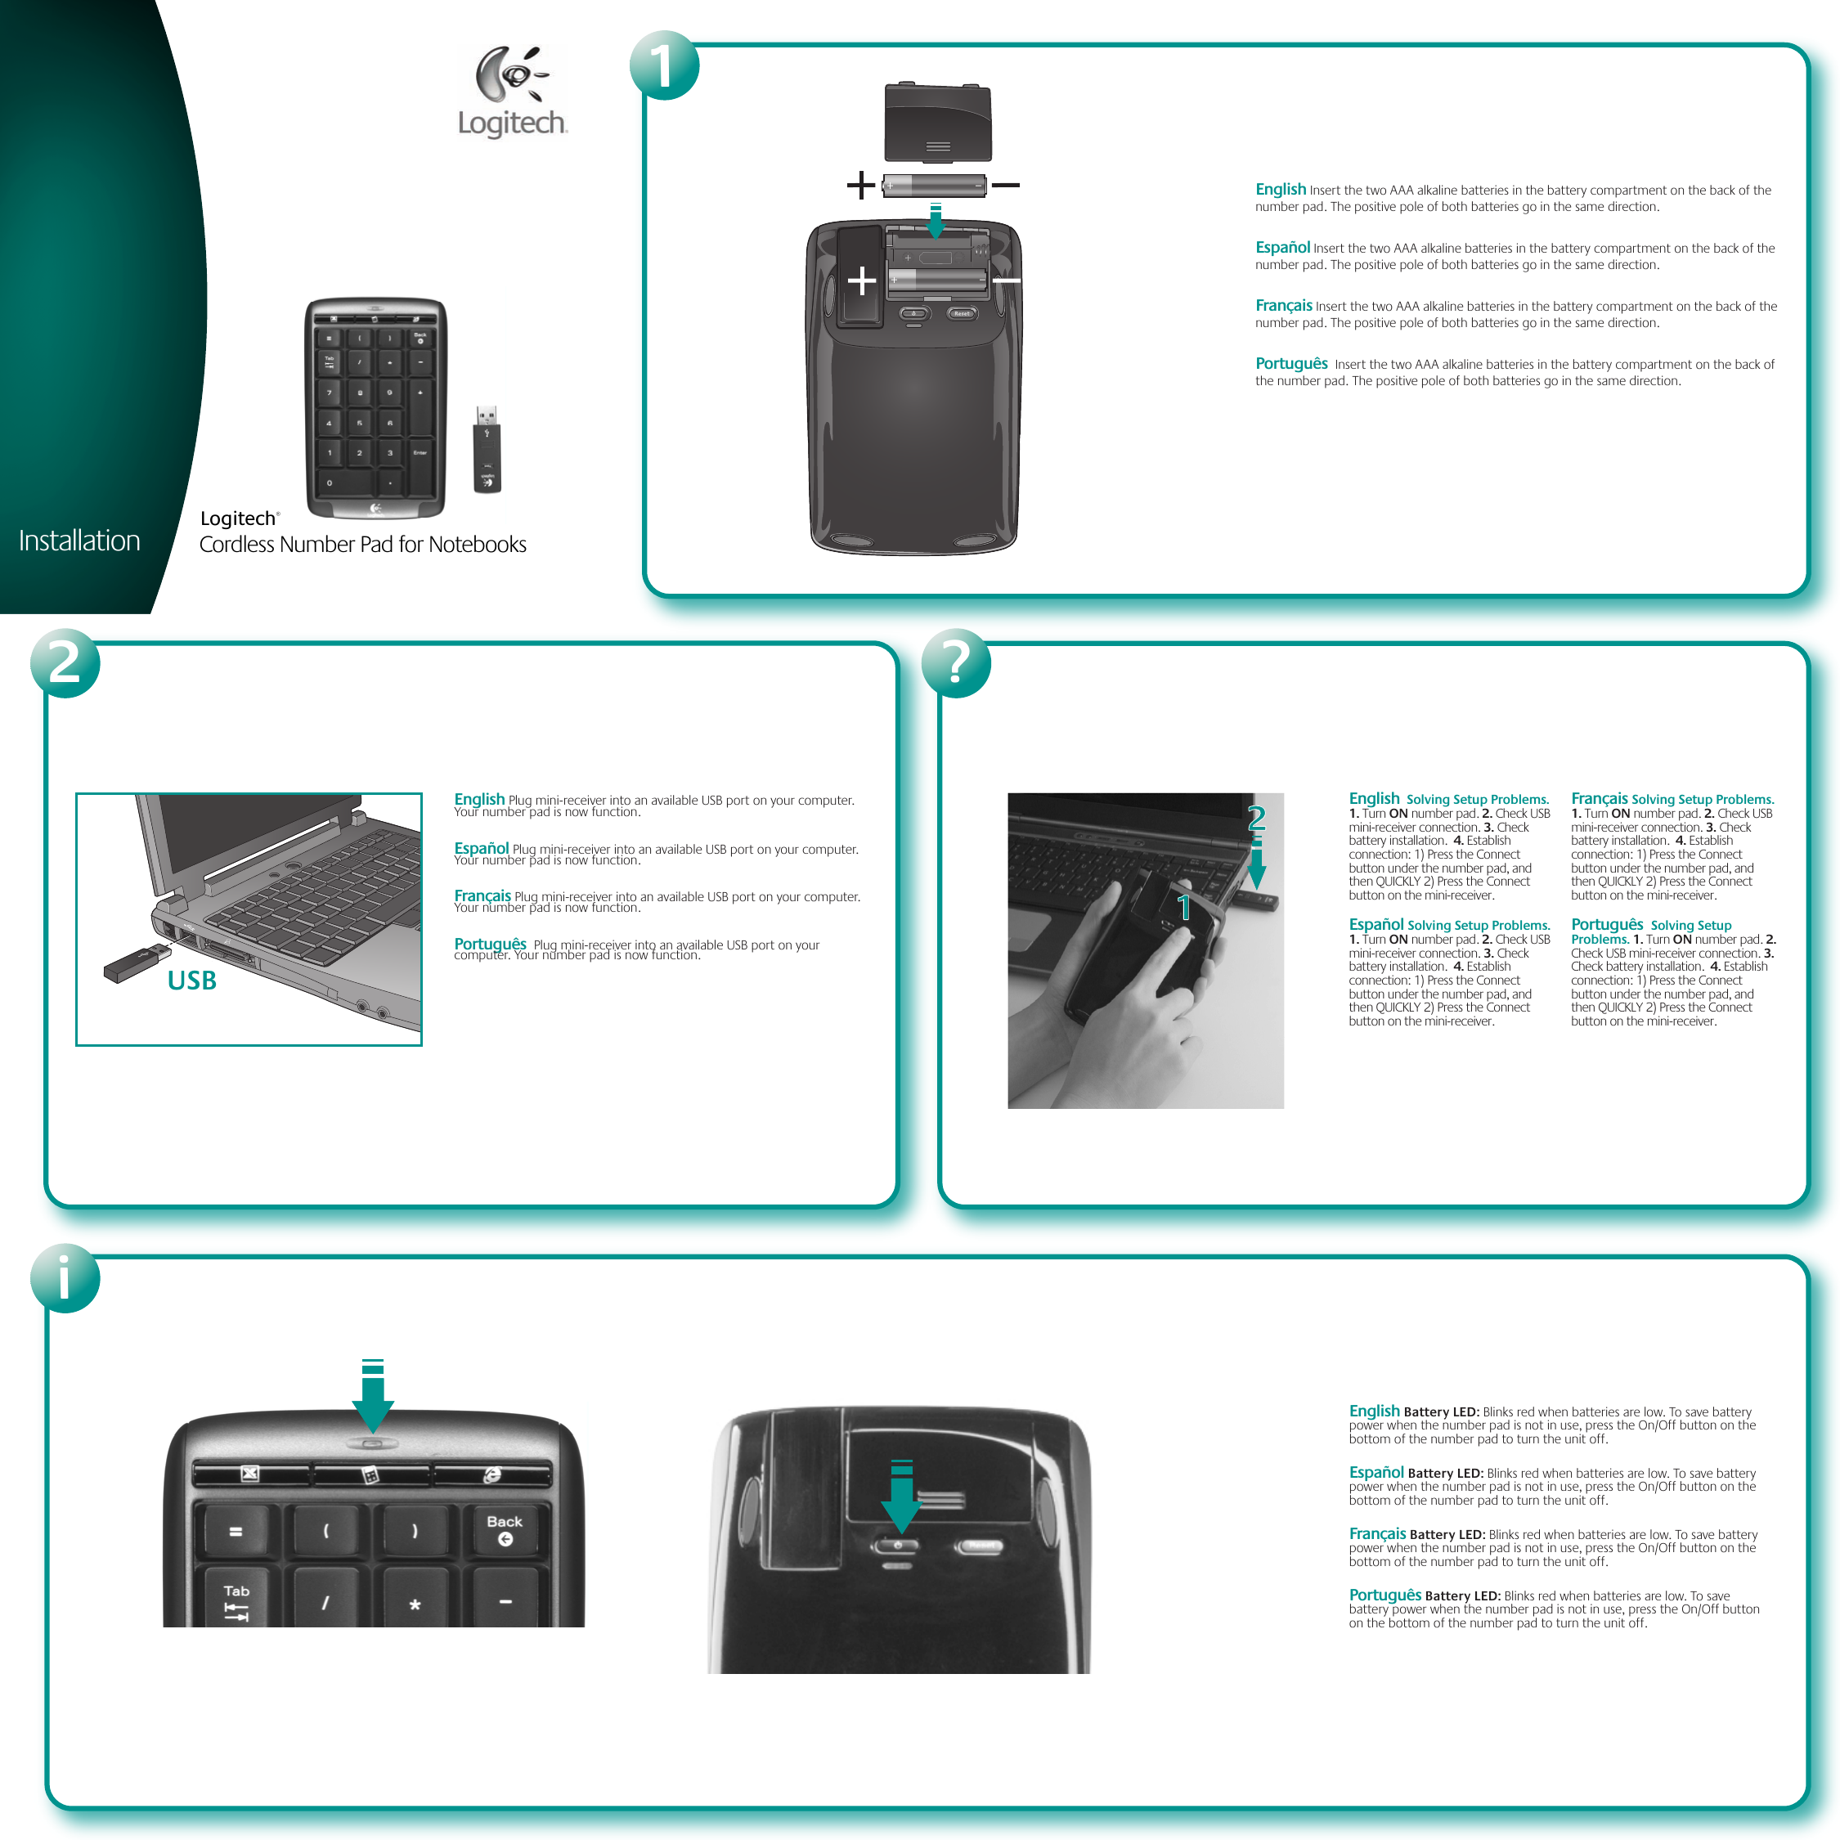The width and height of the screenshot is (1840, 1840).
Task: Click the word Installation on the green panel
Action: pos(80,541)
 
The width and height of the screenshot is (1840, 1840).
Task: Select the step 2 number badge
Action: pos(65,663)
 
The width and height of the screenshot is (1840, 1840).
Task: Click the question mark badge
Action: pos(956,663)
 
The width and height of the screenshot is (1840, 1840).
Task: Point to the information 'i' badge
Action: pos(65,1278)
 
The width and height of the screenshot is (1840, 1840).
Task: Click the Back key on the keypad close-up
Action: pos(505,1529)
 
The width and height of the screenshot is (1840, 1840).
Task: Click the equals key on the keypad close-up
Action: pos(236,1532)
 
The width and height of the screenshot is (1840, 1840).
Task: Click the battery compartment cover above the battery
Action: pos(937,123)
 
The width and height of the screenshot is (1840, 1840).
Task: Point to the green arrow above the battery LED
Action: pos(372,1395)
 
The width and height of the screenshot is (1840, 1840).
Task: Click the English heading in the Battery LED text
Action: pos(1373,1411)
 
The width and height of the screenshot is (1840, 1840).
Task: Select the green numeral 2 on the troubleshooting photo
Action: pos(1256,817)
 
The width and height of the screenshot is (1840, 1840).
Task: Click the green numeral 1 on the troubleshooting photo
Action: pos(1184,907)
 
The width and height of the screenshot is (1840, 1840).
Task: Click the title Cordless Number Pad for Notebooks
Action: pos(362,545)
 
